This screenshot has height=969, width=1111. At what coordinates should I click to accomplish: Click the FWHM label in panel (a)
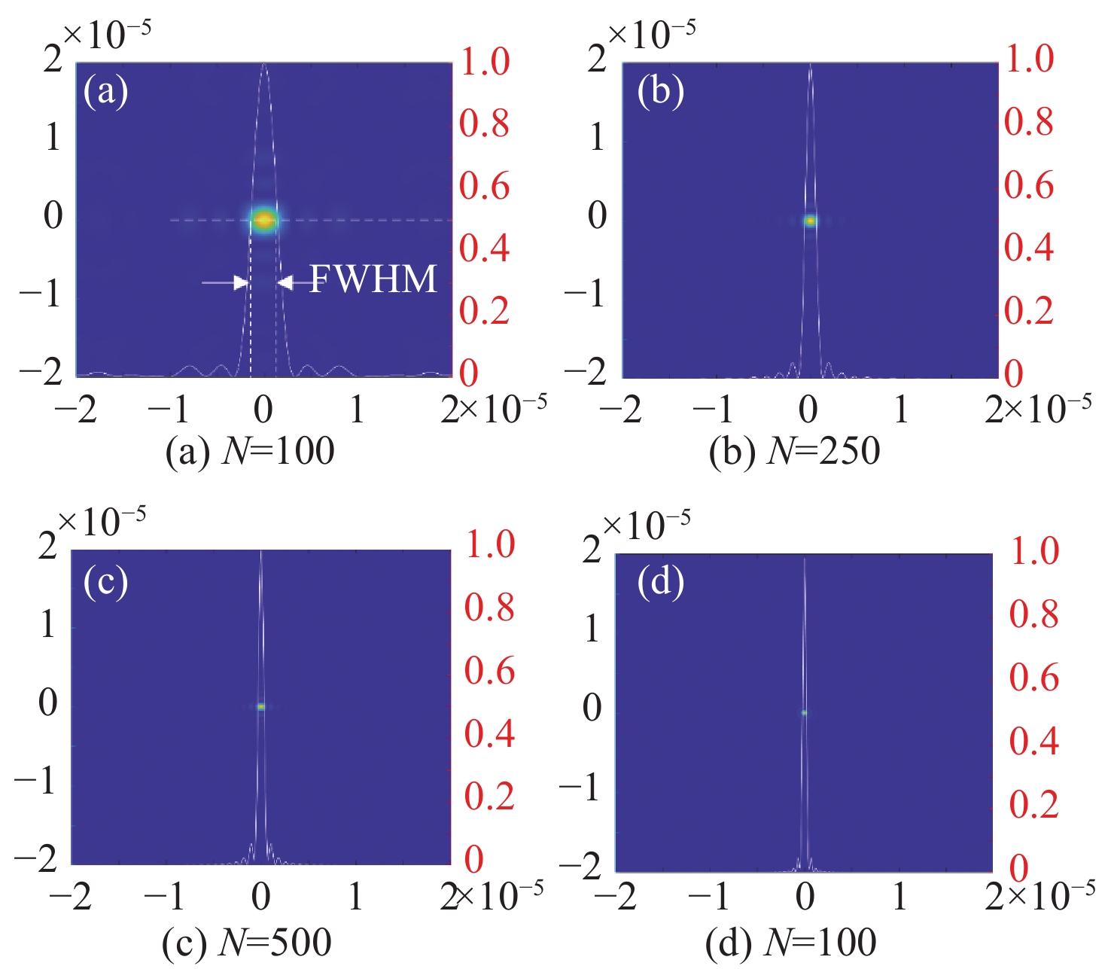pyautogui.click(x=373, y=280)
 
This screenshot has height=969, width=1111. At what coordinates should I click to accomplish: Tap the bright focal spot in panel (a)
pyautogui.click(x=263, y=220)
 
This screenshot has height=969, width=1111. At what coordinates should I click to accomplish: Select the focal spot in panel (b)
pyautogui.click(x=810, y=221)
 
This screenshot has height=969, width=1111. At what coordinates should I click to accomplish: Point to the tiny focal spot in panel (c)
pyautogui.click(x=261, y=706)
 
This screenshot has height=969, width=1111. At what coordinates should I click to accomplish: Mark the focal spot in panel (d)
pyautogui.click(x=804, y=712)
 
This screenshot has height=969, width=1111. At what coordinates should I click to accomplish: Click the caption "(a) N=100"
pyautogui.click(x=250, y=452)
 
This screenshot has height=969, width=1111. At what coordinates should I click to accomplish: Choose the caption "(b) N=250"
pyautogui.click(x=794, y=452)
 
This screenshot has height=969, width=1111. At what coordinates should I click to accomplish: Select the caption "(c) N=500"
pyautogui.click(x=247, y=942)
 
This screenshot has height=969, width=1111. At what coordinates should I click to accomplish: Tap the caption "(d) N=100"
pyautogui.click(x=790, y=942)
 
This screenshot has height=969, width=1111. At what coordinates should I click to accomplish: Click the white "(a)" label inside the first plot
pyautogui.click(x=105, y=92)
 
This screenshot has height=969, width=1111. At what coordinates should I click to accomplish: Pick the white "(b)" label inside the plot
pyautogui.click(x=660, y=92)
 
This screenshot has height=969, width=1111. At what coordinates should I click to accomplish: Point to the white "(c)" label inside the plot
pyautogui.click(x=105, y=582)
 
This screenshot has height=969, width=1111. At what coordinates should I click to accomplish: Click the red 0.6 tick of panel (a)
pyautogui.click(x=485, y=186)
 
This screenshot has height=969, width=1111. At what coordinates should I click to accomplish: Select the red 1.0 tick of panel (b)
pyautogui.click(x=1029, y=59)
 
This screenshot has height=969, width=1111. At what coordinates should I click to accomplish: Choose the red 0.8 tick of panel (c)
pyautogui.click(x=489, y=608)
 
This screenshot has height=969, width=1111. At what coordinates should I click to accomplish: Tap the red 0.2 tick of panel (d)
pyautogui.click(x=1033, y=804)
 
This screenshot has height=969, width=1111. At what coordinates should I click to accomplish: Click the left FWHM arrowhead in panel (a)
pyautogui.click(x=241, y=283)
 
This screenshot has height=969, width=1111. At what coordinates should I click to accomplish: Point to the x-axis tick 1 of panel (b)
pyautogui.click(x=901, y=408)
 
